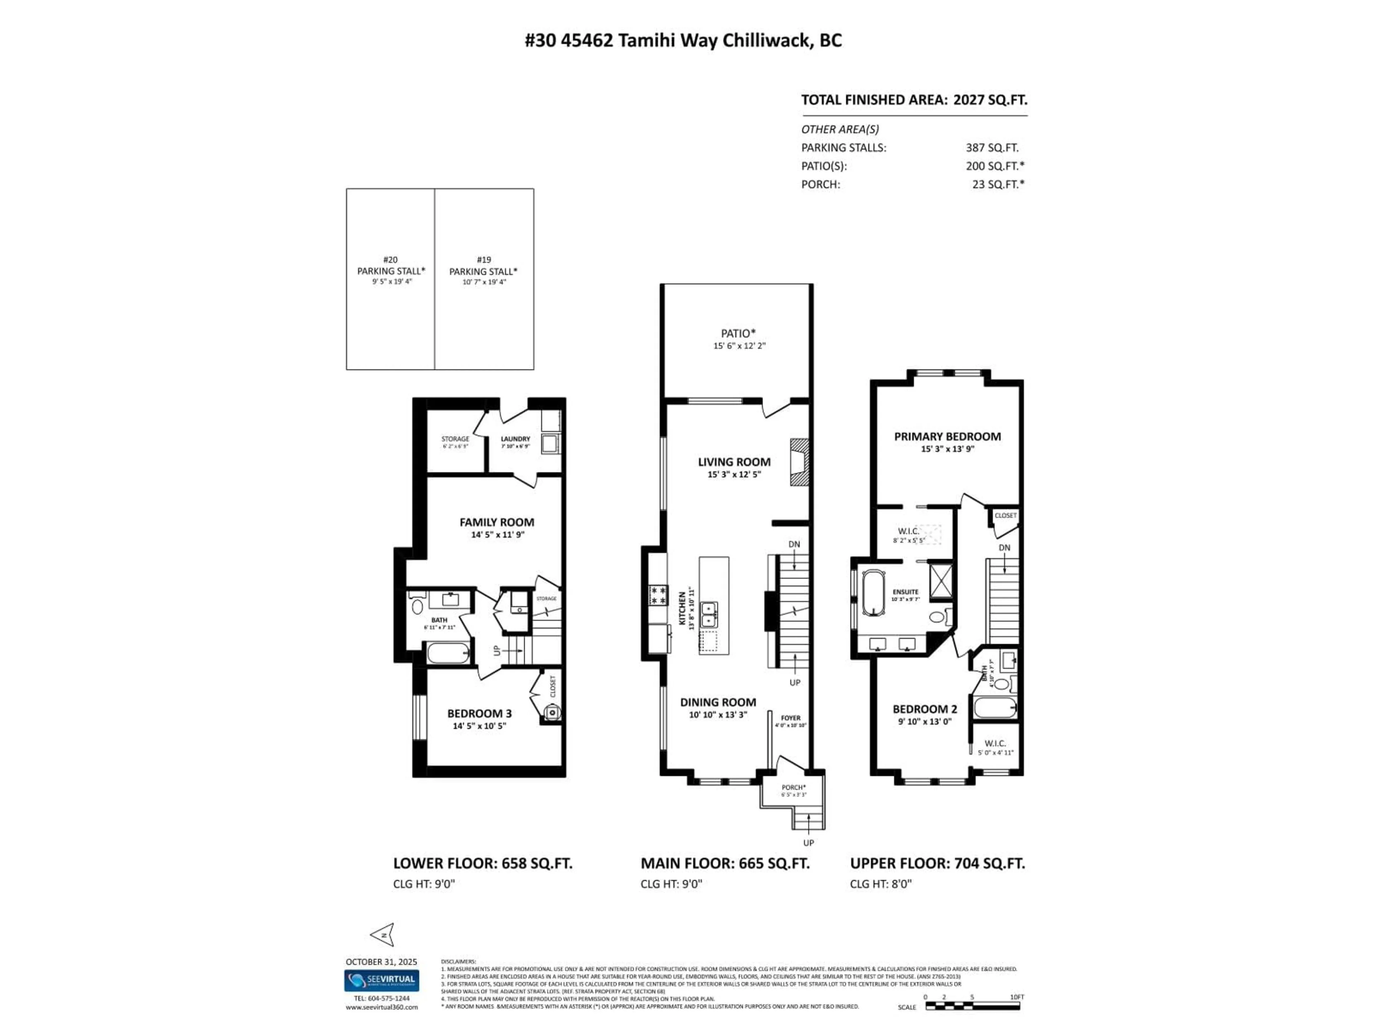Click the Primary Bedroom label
pos(947,436)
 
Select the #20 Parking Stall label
pos(391,271)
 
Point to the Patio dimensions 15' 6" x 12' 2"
pos(739,346)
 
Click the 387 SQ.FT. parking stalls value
pos(991,148)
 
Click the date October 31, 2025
pos(381,962)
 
